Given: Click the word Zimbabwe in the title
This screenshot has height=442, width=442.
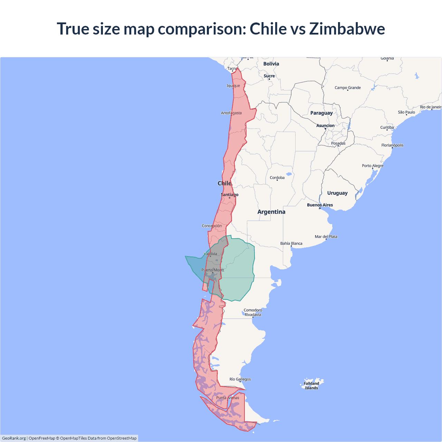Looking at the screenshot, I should tap(347, 29).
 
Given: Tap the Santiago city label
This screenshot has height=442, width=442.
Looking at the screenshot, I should tap(229, 195).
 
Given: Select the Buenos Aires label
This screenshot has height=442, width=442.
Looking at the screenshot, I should tap(320, 205).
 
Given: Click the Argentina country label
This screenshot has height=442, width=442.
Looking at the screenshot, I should tap(271, 212).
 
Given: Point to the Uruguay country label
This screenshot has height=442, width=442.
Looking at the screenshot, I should tap(337, 193).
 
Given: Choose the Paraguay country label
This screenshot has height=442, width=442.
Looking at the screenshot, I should tap(321, 113).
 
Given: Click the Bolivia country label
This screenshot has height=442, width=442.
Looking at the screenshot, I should tap(271, 64).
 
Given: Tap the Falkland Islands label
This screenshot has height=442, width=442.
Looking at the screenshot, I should tap(311, 386).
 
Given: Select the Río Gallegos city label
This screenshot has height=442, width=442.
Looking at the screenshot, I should tap(240, 379).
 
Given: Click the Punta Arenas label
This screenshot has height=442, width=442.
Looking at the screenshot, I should tap(228, 398).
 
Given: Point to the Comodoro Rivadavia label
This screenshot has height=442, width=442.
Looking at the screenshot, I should tap(253, 312).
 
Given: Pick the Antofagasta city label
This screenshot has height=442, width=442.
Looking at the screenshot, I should tap(231, 113).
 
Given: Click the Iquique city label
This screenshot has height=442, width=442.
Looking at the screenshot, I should tap(233, 86).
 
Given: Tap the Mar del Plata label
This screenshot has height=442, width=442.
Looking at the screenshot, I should tap(326, 237).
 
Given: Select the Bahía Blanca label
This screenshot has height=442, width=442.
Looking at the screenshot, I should tap(291, 243).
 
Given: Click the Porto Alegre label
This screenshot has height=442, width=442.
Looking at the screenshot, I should tap(373, 166).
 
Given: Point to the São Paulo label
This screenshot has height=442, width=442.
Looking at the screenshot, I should tap(406, 112).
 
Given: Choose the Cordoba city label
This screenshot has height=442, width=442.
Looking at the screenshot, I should tap(277, 178).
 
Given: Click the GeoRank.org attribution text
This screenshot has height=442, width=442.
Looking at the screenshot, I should tap(14, 438).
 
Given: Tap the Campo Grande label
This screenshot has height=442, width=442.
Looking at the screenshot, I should tap(347, 88).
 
